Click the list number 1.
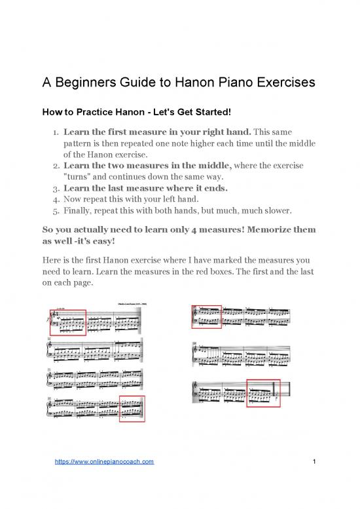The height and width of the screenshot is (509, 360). [x=56, y=135]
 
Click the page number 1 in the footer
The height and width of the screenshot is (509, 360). [x=315, y=463]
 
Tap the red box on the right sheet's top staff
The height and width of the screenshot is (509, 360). [x=206, y=316]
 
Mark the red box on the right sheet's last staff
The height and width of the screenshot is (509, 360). [x=262, y=393]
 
